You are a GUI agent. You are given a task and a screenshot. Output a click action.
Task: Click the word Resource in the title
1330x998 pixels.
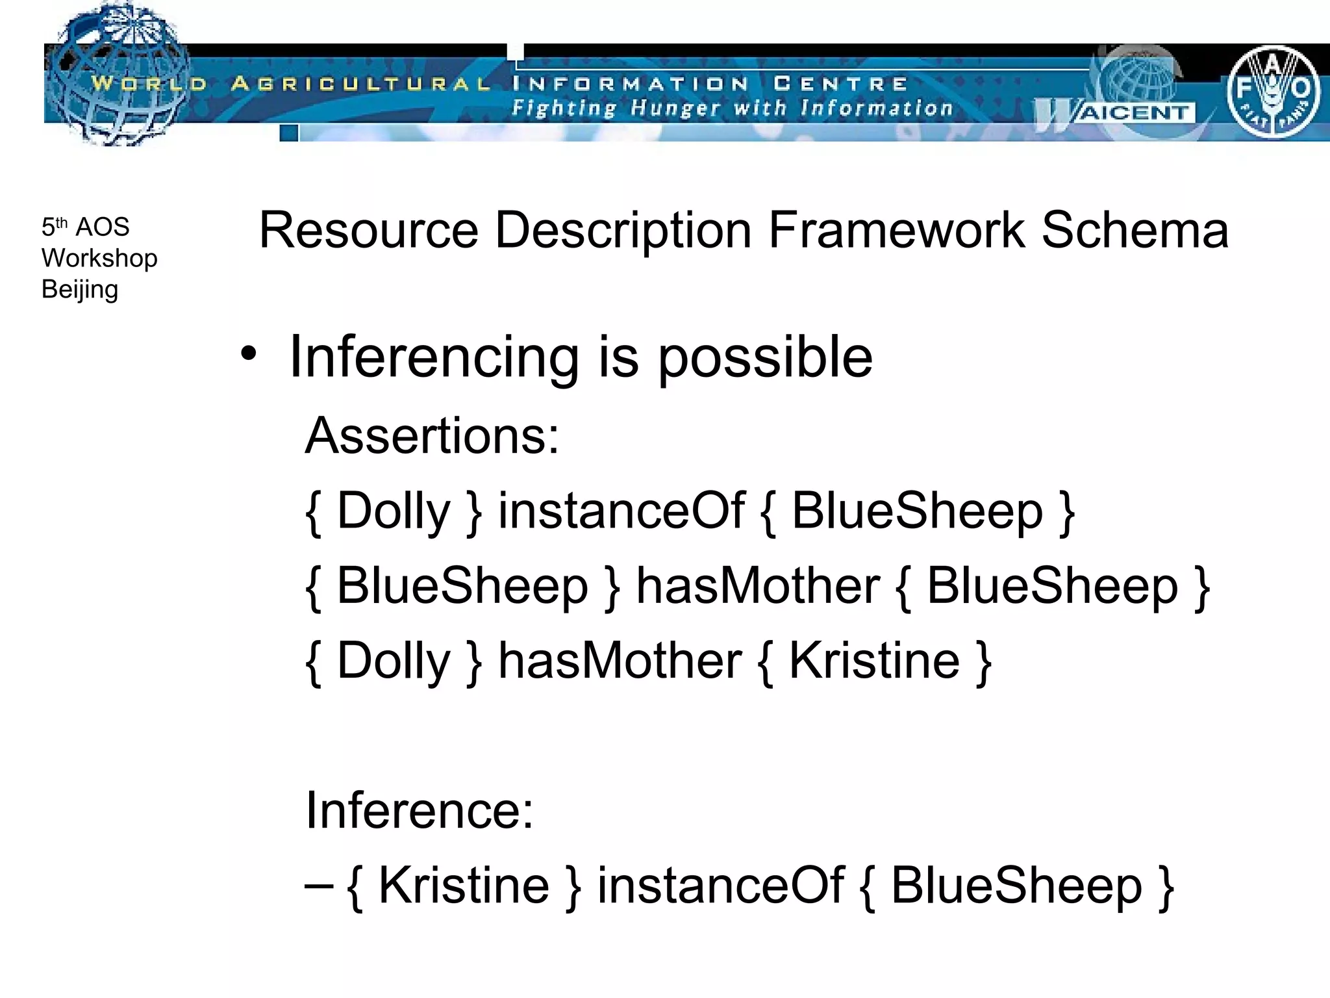click(x=368, y=230)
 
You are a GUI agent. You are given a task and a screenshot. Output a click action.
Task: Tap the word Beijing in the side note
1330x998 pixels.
click(x=80, y=289)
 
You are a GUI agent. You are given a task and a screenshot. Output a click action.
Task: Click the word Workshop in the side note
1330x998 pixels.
click(x=99, y=258)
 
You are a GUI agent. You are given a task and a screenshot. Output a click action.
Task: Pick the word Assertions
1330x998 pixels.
click(x=432, y=435)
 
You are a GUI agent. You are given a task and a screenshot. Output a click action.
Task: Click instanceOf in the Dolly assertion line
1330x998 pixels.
click(x=621, y=511)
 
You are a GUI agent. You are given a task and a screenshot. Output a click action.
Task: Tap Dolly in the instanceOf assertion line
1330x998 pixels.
click(x=394, y=511)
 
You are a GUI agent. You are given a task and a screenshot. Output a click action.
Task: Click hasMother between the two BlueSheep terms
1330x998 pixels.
click(x=758, y=585)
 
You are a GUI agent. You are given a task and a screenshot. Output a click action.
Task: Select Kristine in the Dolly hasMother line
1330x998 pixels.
click(x=873, y=661)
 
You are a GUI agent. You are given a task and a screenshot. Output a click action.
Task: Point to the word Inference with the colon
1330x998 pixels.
click(x=420, y=810)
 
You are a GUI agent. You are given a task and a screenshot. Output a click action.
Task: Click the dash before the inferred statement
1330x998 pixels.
click(x=319, y=885)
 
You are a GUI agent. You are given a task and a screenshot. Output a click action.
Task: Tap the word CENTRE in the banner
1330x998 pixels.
click(x=840, y=84)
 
